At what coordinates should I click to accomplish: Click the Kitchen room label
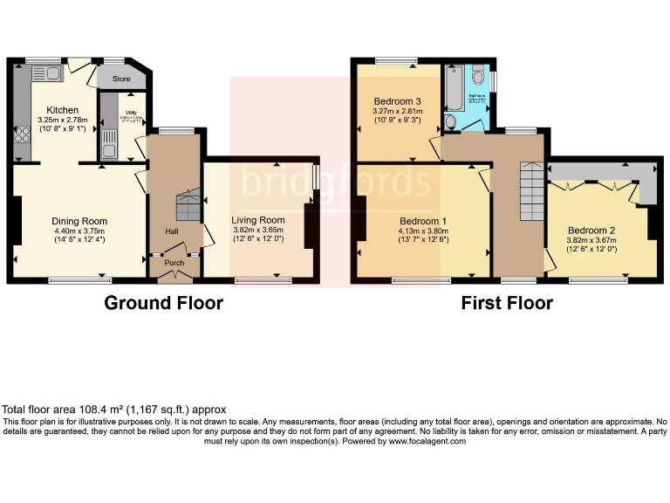coord(51,109)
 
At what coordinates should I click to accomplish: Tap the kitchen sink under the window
coord(48,73)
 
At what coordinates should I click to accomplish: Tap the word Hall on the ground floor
coord(173,231)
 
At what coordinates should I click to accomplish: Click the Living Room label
coord(257,219)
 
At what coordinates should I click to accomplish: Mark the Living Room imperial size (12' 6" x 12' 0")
coord(257,239)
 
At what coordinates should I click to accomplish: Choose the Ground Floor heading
coord(163,303)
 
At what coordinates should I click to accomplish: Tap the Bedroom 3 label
coord(397,100)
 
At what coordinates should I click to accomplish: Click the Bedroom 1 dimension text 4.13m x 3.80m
coord(423,231)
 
